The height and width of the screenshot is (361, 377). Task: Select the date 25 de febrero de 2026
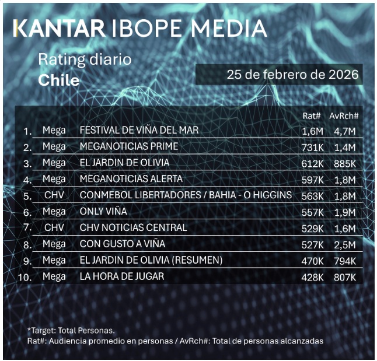click(x=292, y=75)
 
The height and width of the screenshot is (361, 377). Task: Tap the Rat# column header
click(x=310, y=115)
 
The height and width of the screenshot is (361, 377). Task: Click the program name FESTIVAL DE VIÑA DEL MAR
click(x=139, y=130)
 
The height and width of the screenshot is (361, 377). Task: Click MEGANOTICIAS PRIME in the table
click(x=128, y=146)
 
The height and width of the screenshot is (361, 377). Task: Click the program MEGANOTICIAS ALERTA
click(x=131, y=178)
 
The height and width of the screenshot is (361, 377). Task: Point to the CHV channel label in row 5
click(x=54, y=195)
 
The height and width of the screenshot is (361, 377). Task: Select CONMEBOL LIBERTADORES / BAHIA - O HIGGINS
click(x=185, y=195)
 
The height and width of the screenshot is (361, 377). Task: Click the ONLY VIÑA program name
click(x=103, y=211)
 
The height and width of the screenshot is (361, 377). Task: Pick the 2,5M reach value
click(x=344, y=244)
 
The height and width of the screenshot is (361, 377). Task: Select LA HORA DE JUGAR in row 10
click(x=121, y=276)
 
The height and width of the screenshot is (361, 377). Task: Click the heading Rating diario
click(x=85, y=59)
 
